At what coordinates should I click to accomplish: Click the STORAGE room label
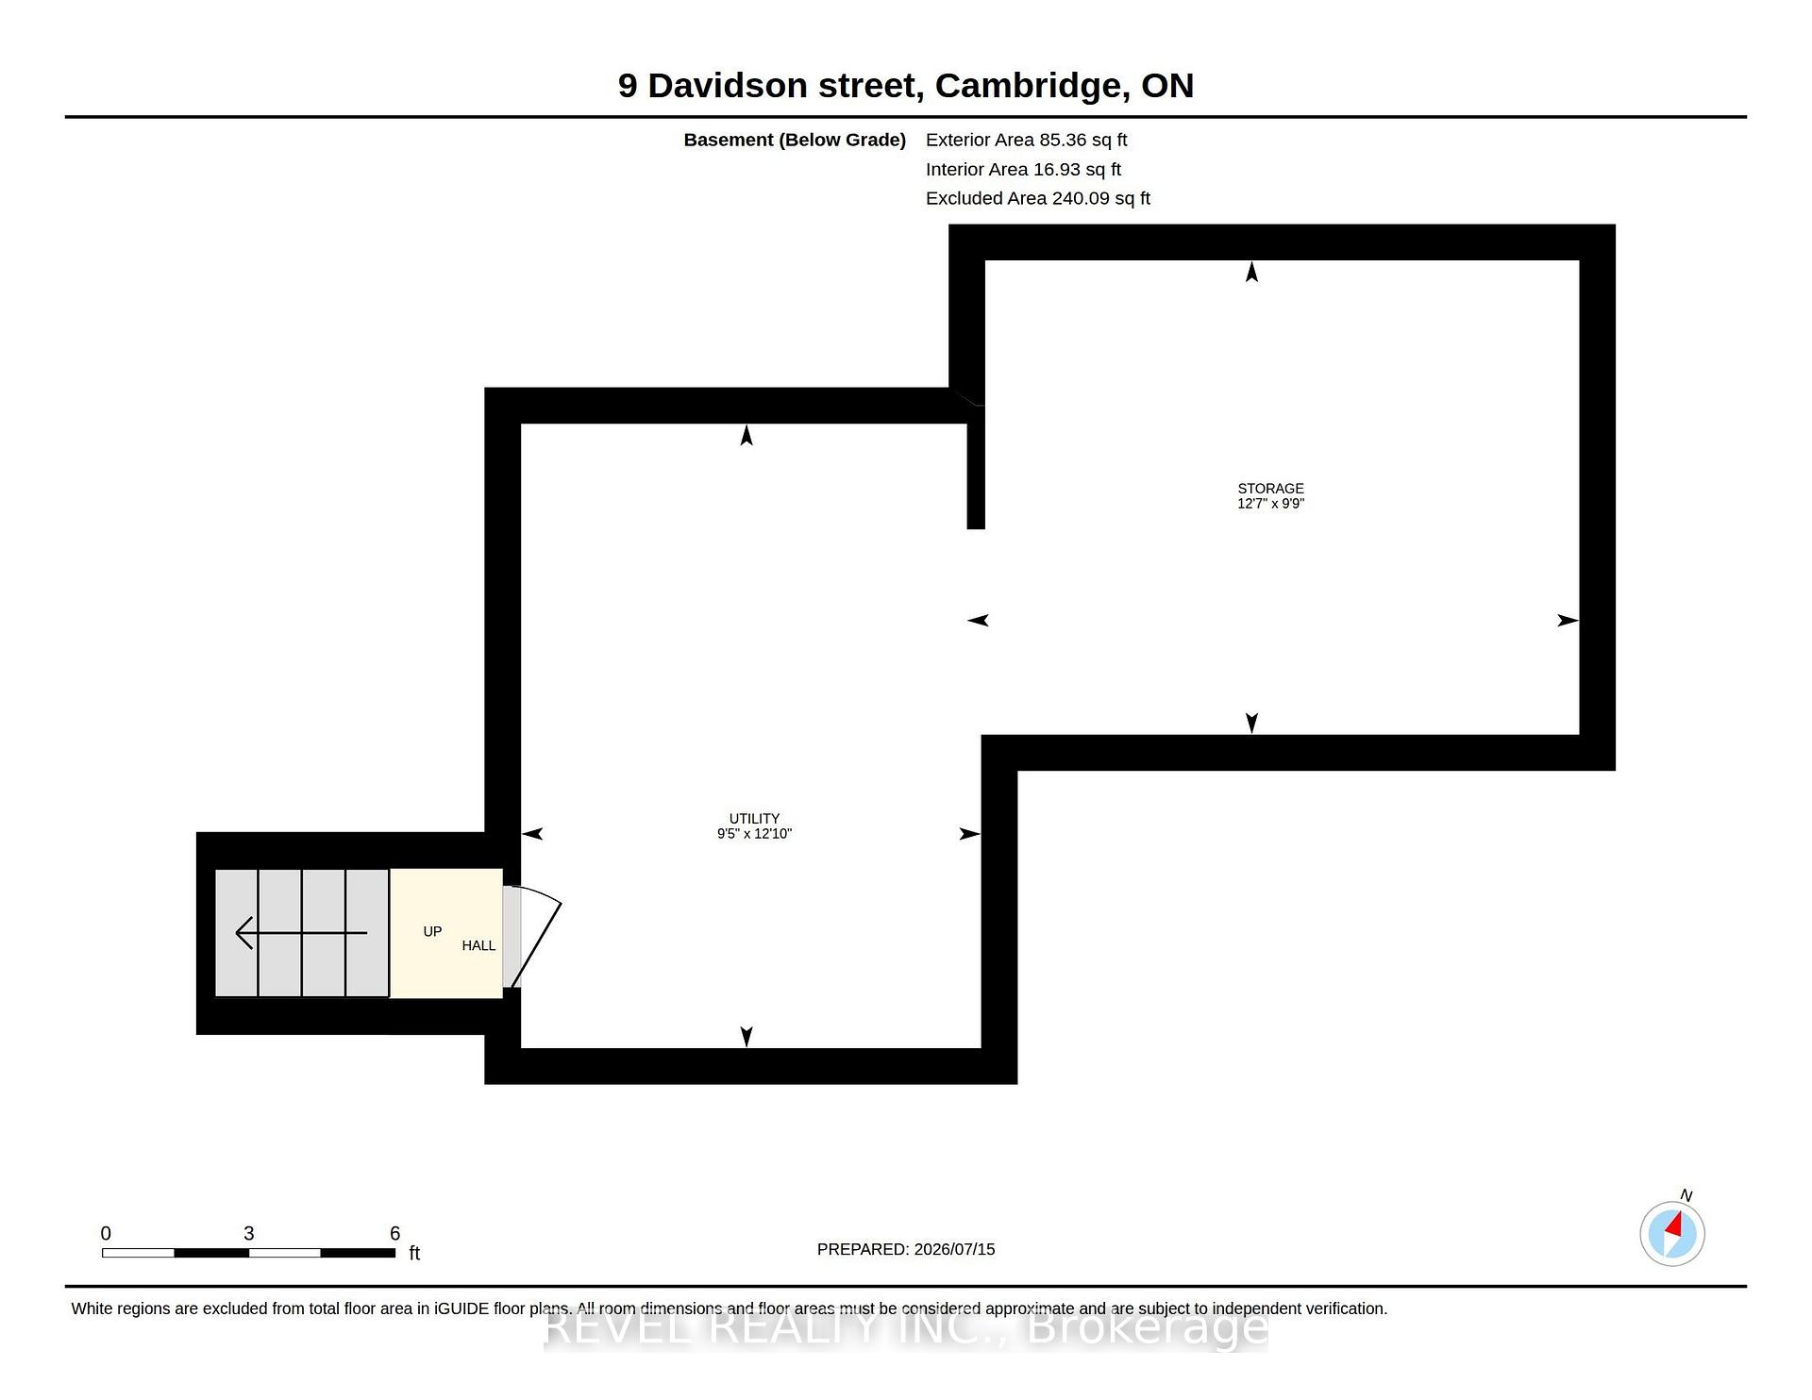point(1270,489)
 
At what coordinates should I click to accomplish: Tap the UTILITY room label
point(754,819)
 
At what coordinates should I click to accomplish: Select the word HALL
point(478,945)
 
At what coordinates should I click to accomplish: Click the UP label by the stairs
point(432,931)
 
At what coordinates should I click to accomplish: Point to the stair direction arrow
point(301,933)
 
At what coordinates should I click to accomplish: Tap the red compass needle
point(1675,1225)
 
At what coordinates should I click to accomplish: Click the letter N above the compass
point(1686,1195)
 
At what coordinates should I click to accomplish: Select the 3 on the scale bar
point(249,1233)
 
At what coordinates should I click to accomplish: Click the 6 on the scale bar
point(395,1233)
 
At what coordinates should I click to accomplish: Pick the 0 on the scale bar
point(106,1233)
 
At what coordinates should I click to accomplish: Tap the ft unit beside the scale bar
point(414,1253)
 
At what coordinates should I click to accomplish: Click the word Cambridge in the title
point(1033,86)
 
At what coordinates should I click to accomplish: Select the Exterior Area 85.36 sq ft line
point(1027,140)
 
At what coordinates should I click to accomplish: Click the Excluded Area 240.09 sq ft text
point(1038,198)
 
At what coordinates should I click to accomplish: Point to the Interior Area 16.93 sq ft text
point(1023,169)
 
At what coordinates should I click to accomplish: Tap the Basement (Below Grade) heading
point(795,140)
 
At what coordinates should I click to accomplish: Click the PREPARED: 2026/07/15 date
point(906,1249)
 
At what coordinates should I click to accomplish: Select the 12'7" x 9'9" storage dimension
point(1270,504)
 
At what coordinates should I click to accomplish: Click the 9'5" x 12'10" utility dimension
point(754,834)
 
